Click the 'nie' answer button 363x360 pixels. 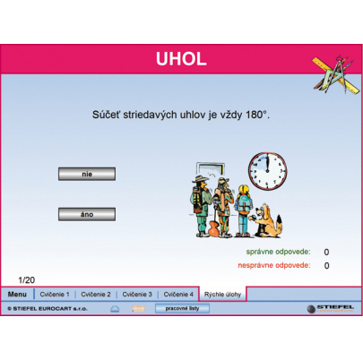click(87, 174)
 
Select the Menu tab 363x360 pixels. click(17, 294)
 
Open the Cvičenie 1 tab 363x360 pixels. click(55, 294)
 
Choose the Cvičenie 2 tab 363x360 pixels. click(96, 294)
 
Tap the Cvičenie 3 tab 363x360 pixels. click(137, 294)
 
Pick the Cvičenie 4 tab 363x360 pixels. click(178, 294)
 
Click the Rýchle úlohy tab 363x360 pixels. click(220, 294)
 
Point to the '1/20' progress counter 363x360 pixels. click(27, 280)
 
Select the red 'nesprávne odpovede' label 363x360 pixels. click(272, 265)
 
